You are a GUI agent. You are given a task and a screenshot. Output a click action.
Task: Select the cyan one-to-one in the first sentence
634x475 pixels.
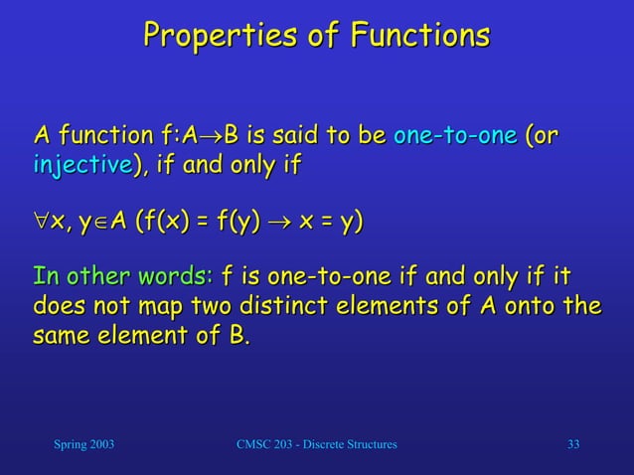pyautogui.click(x=455, y=135)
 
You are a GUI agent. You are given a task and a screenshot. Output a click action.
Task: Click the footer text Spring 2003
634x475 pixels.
pyautogui.click(x=82, y=443)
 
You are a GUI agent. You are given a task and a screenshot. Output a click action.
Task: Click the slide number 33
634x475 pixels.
pyautogui.click(x=573, y=443)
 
